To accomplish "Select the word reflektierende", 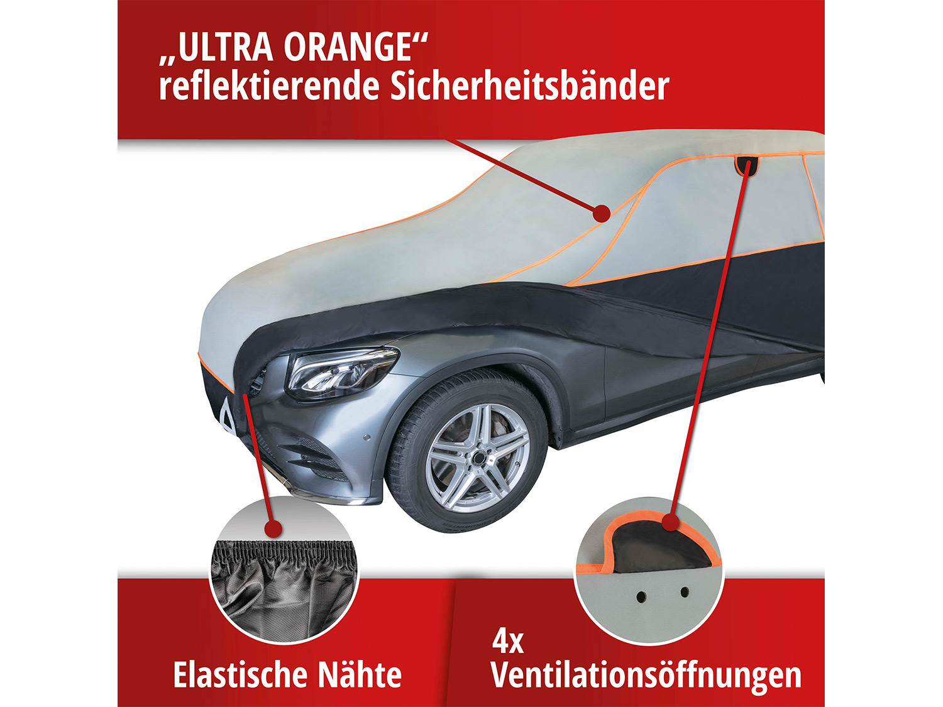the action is [x=269, y=85].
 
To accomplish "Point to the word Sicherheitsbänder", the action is [x=529, y=85].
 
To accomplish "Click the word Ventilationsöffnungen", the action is [x=646, y=675].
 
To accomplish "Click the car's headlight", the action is [x=341, y=373].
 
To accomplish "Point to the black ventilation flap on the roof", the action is [x=747, y=166].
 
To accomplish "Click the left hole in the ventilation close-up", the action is [x=641, y=596].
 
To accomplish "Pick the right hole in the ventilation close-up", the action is [x=685, y=593].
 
